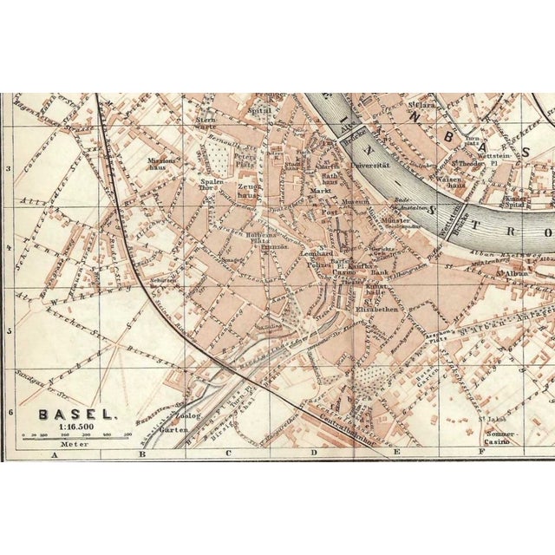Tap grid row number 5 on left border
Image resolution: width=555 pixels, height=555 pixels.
pyautogui.click(x=8, y=330)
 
